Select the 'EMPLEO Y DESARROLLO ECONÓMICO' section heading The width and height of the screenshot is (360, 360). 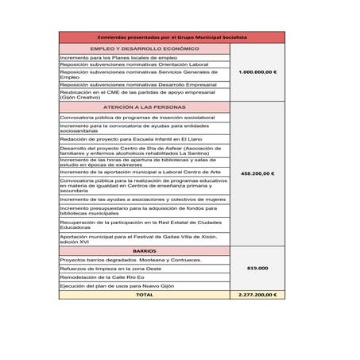coord(144,49)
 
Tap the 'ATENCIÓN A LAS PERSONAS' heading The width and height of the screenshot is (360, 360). coord(144,106)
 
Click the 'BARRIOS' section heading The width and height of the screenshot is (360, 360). coord(144,250)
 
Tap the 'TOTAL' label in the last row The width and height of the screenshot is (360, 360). coord(144,294)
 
